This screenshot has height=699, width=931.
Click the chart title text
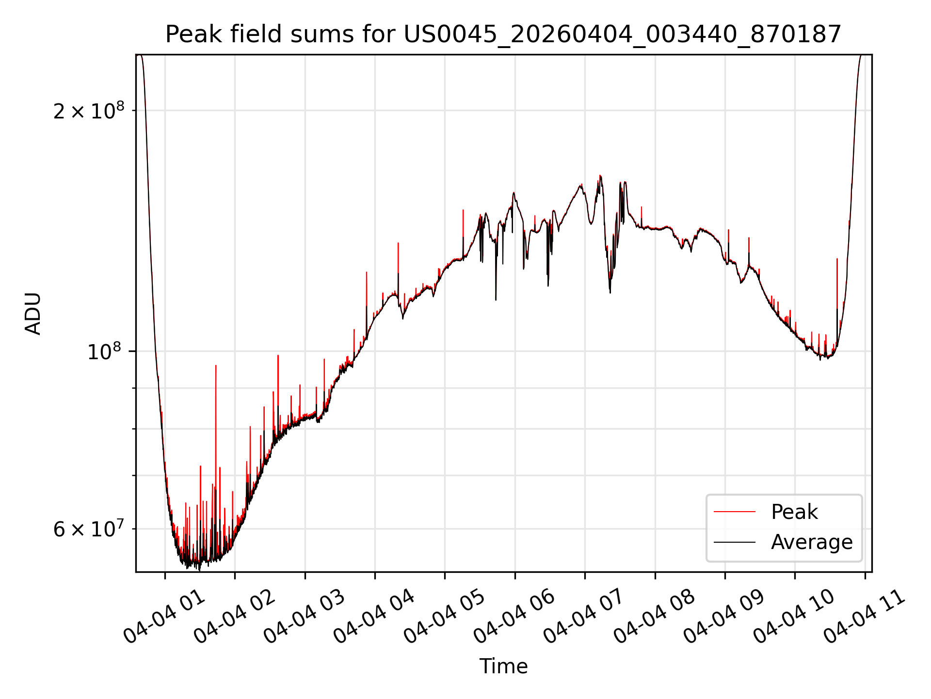(503, 34)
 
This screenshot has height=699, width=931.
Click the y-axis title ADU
(33, 314)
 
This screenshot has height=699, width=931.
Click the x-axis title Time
(503, 666)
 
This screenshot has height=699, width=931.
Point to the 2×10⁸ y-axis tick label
(89, 111)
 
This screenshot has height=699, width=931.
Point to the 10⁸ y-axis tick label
(105, 351)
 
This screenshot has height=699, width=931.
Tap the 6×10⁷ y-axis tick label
(89, 529)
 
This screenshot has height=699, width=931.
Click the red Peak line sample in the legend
(735, 512)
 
